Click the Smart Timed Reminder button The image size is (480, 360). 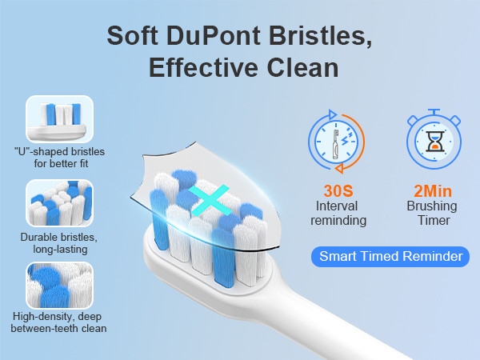coord(390,257)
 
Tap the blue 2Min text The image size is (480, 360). coord(433,191)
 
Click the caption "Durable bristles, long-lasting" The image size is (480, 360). coord(59,243)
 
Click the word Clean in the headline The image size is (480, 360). coord(302,67)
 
